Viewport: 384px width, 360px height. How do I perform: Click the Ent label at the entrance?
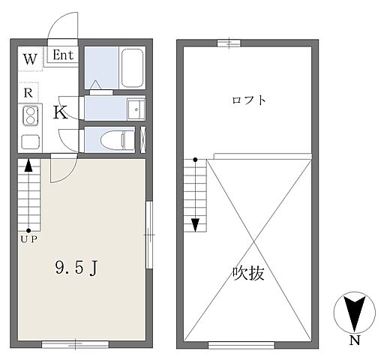point(62,55)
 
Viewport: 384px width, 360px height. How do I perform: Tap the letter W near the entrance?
point(29,58)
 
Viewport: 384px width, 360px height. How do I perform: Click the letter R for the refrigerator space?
point(27,92)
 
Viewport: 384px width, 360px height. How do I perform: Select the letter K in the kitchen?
point(61,113)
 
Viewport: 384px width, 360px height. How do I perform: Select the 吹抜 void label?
point(248,274)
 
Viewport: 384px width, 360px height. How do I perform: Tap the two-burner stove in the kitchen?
point(31,115)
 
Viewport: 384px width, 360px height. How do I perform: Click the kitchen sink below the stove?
point(31,141)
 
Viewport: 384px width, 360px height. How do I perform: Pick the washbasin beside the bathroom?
point(136,109)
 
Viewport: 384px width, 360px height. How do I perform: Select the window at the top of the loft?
point(228,43)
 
